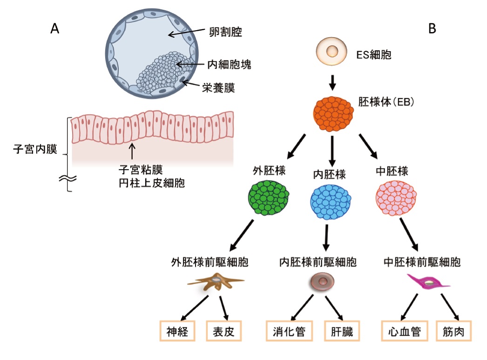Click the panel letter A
point(55,29)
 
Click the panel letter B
point(432,29)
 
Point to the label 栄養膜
point(218,87)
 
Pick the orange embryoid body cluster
point(332,114)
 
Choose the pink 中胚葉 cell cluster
point(396,198)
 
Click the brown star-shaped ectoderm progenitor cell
point(216,281)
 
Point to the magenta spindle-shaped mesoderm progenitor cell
point(429,281)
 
